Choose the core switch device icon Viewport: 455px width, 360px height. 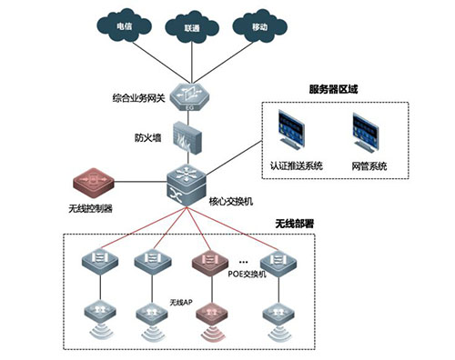pyautogui.click(x=187, y=183)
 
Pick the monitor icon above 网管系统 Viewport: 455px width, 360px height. pyautogui.click(x=369, y=133)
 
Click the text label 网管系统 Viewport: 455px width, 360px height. pyautogui.click(x=369, y=166)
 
